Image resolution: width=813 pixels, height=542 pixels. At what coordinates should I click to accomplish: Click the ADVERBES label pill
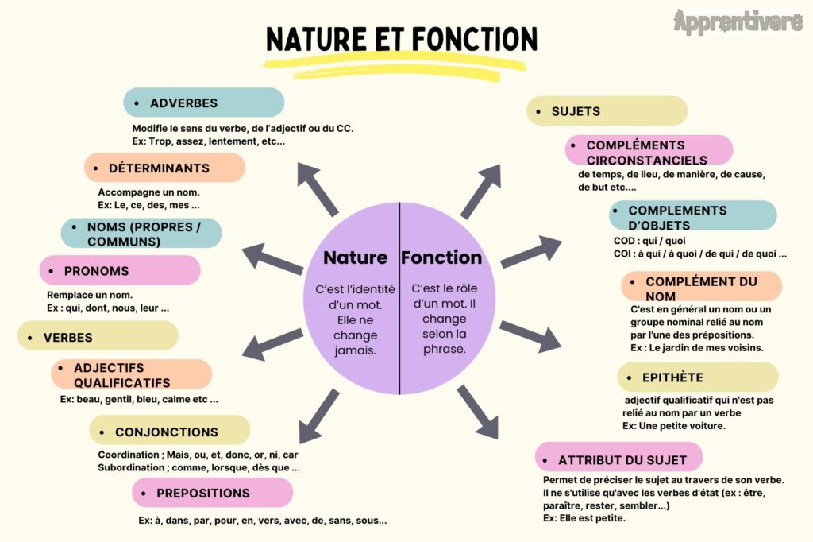[x=204, y=103]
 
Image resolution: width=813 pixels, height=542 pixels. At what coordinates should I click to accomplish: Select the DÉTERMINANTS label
[x=164, y=168]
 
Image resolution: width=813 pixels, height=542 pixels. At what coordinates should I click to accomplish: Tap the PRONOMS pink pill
[x=120, y=270]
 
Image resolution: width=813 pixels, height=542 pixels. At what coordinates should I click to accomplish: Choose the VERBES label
[x=98, y=336]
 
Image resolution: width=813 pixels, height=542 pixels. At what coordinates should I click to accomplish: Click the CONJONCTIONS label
[x=170, y=431]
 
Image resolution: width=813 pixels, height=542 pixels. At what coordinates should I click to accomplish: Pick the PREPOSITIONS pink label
[x=212, y=493]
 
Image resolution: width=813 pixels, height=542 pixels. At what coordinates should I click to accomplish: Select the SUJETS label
[x=607, y=110]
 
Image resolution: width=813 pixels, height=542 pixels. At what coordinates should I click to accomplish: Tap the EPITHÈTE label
[x=698, y=377]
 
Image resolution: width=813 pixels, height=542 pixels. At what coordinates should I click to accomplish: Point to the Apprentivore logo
[x=738, y=21]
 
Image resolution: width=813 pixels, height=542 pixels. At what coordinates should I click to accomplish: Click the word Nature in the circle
[x=355, y=257]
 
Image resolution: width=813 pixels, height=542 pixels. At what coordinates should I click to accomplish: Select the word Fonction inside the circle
[x=441, y=257]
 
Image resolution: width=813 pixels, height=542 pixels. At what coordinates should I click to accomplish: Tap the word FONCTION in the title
[x=475, y=40]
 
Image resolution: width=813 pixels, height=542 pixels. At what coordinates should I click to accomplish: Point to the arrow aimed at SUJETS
[x=482, y=191]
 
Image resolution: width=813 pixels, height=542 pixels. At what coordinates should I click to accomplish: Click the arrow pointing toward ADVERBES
[x=318, y=189]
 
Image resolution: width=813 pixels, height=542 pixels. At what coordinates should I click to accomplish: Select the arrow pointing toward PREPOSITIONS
[x=319, y=416]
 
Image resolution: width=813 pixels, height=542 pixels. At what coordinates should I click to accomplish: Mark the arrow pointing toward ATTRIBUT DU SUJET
[x=478, y=412]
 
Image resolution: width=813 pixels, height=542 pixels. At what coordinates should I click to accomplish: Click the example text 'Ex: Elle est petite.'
[x=584, y=518]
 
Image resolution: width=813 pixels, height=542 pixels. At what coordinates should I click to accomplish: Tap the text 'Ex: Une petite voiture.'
[x=674, y=426]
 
